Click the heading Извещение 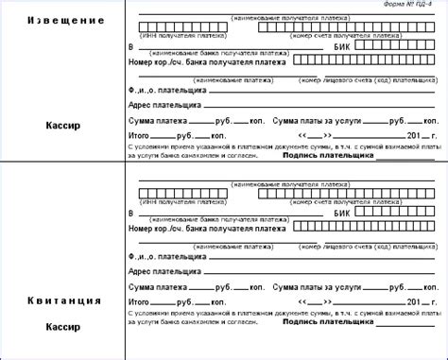[63, 20]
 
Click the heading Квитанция [63, 300]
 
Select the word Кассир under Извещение [63, 123]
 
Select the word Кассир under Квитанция [63, 326]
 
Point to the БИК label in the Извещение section [343, 44]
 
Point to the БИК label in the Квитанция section [343, 215]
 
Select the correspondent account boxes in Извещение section [369, 60]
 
